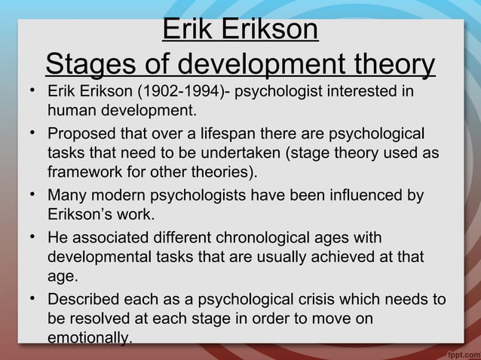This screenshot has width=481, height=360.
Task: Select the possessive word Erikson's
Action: coord(81,215)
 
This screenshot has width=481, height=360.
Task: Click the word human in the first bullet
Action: coord(70,112)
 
